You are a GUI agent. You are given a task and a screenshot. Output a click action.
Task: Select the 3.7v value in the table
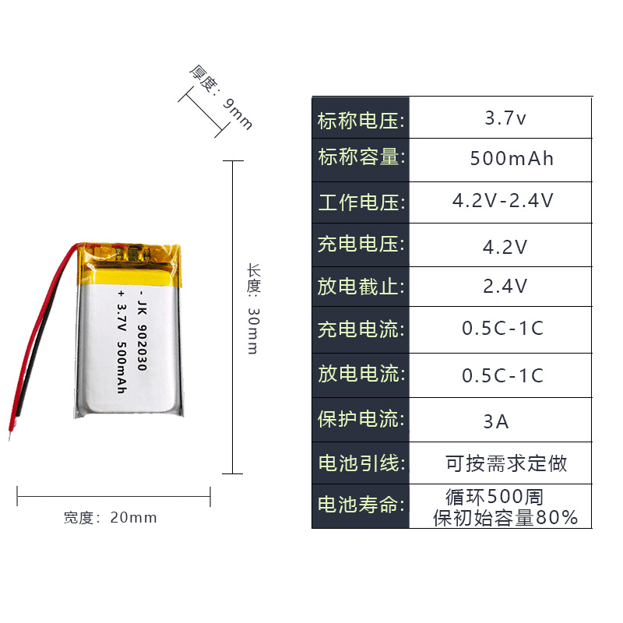(x=505, y=119)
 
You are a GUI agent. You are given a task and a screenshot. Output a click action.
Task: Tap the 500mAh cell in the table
(x=512, y=159)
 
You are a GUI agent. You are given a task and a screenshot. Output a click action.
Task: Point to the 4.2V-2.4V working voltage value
(x=503, y=201)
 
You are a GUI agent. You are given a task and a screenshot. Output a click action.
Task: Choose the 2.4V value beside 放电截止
(x=505, y=287)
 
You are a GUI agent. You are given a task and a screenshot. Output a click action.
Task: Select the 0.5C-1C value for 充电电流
(x=502, y=329)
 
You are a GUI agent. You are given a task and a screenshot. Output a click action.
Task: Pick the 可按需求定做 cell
(x=506, y=464)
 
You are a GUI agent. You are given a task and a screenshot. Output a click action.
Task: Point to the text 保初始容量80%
(x=505, y=518)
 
